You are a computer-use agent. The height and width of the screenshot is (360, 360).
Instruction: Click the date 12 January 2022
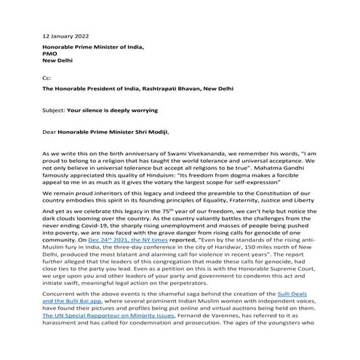(x=66, y=35)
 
